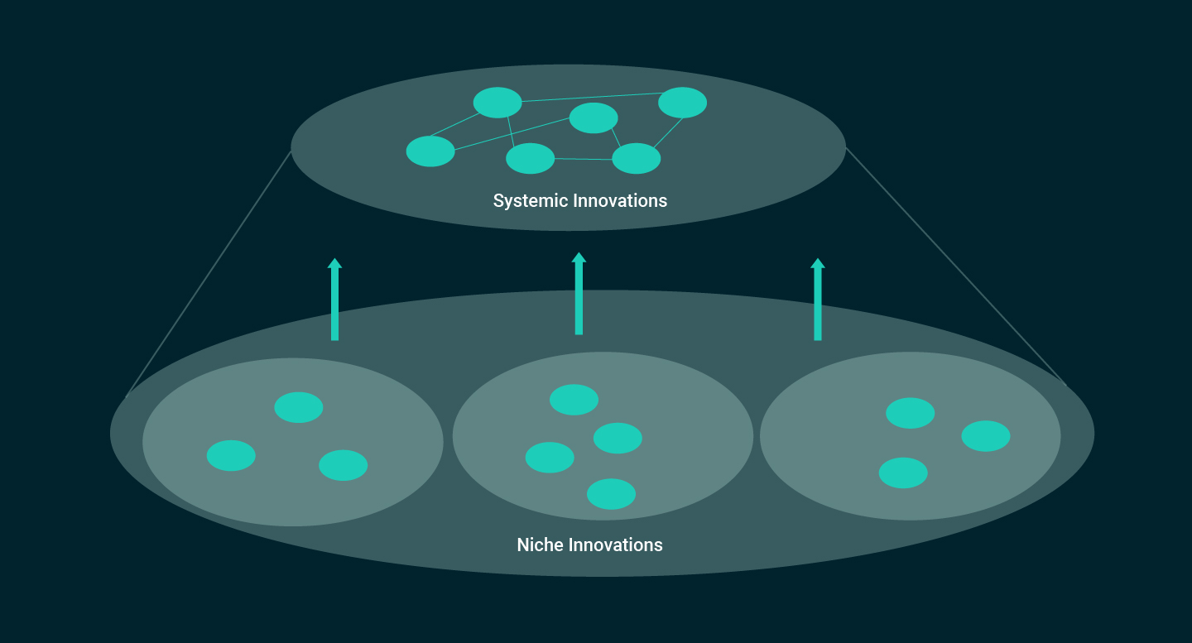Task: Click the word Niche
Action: pyautogui.click(x=539, y=545)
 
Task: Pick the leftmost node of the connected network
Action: pyautogui.click(x=430, y=151)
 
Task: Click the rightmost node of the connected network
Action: pyautogui.click(x=682, y=103)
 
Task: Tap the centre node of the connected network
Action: pyautogui.click(x=594, y=118)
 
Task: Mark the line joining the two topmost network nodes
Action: pyautogui.click(x=589, y=98)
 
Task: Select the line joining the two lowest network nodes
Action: pyautogui.click(x=583, y=159)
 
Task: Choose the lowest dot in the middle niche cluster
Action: pyautogui.click(x=611, y=494)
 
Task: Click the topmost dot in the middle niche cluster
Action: pyautogui.click(x=574, y=400)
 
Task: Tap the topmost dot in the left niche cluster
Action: pyautogui.click(x=299, y=407)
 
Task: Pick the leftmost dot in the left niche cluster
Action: pyautogui.click(x=231, y=456)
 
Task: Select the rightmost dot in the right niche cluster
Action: pyautogui.click(x=986, y=436)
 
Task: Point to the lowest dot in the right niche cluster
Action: pyautogui.click(x=903, y=473)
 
